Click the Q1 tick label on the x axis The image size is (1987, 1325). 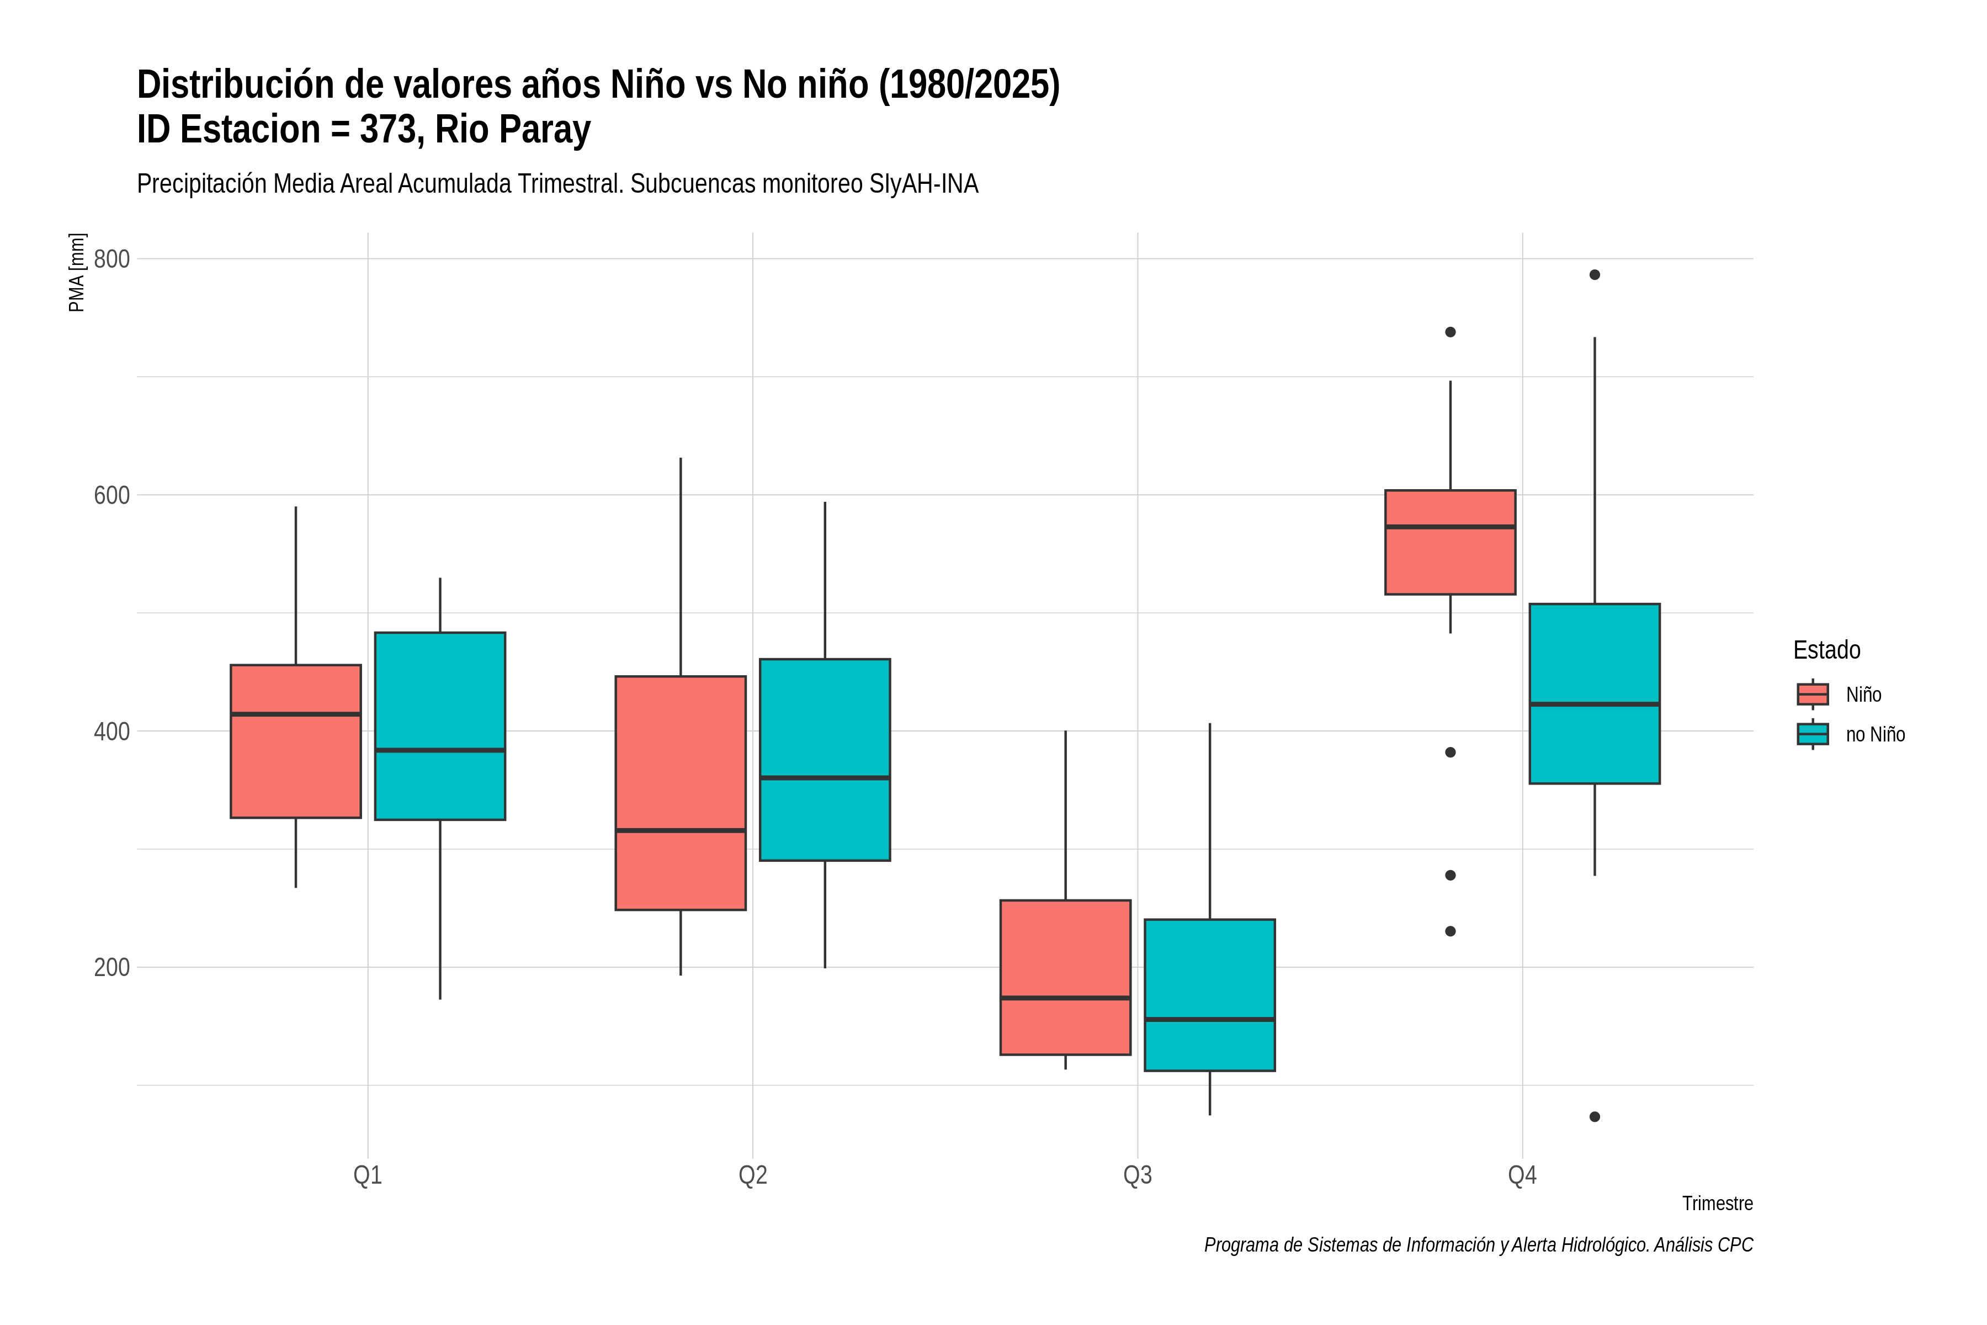tap(368, 1175)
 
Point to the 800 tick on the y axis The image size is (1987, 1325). tap(111, 258)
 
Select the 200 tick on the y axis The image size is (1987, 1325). tap(111, 967)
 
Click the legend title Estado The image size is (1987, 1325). tap(1826, 650)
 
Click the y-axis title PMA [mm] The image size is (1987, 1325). tap(77, 272)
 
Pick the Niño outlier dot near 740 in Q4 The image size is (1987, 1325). tap(1451, 332)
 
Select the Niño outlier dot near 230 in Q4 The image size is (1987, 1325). tap(1451, 931)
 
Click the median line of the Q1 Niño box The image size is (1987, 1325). tap(296, 714)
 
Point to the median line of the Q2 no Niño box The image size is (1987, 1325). tap(825, 777)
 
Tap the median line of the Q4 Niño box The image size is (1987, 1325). tap(1451, 527)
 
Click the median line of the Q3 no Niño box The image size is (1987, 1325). tap(1210, 1019)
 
